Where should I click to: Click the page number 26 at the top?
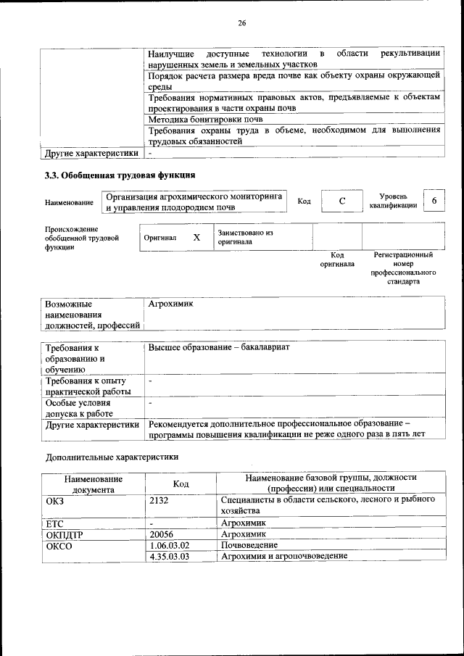[x=242, y=23]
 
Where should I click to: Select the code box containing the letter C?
[x=341, y=202]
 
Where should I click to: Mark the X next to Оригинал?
[x=196, y=237]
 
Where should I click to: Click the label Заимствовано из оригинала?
[x=245, y=237]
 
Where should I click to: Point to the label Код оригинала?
[x=337, y=260]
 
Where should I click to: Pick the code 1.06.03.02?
[x=168, y=544]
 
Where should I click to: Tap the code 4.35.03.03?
[x=168, y=556]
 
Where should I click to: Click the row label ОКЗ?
[x=55, y=500]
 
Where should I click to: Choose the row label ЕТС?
[x=54, y=523]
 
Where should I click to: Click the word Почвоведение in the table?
[x=249, y=544]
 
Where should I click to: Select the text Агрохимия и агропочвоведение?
[x=283, y=556]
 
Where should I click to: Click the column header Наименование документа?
[x=93, y=483]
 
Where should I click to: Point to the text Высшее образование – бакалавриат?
[x=218, y=348]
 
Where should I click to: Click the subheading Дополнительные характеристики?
[x=111, y=457]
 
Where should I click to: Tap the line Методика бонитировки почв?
[x=205, y=119]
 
